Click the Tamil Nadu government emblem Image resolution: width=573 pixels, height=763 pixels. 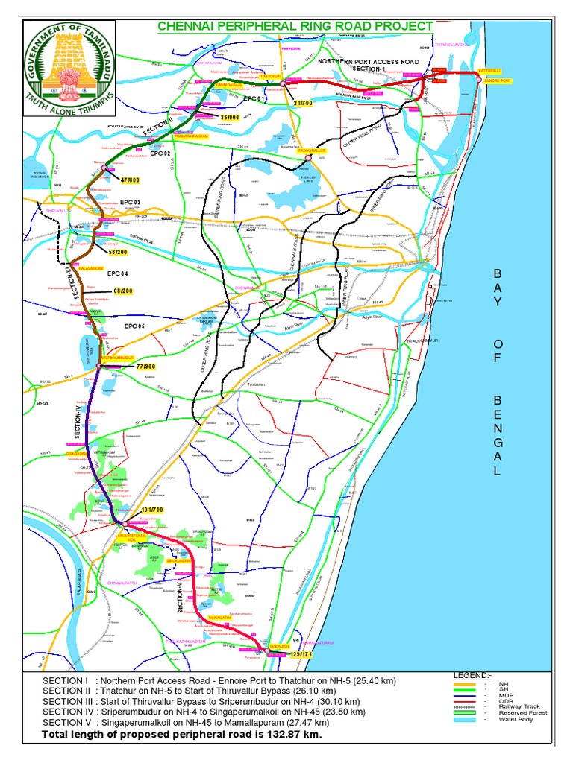tap(67, 68)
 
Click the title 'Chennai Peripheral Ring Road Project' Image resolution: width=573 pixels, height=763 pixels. tap(295, 27)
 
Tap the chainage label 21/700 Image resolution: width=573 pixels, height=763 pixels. tap(303, 102)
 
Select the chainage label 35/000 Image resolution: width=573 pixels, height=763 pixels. tap(230, 117)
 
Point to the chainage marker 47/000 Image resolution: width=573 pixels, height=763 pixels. tap(130, 180)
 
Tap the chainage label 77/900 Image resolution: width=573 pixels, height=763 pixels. tap(145, 367)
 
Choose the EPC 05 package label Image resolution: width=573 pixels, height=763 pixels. tap(137, 326)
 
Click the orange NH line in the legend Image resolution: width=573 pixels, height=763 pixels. tap(466, 683)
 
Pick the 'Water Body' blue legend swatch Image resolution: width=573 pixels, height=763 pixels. tap(466, 720)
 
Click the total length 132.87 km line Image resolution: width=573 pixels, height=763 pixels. tap(181, 735)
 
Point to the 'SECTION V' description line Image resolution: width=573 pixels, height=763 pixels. tap(186, 722)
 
